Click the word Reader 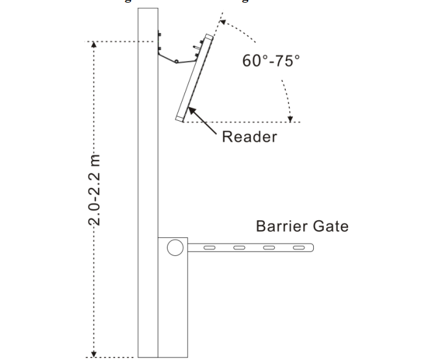249,136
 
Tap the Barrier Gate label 302,226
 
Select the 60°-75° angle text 271,61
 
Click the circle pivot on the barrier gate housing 174,248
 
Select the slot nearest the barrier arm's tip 298,248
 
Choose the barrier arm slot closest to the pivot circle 210,248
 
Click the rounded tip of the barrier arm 311,248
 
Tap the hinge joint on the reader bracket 176,60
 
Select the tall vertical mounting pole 147,182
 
